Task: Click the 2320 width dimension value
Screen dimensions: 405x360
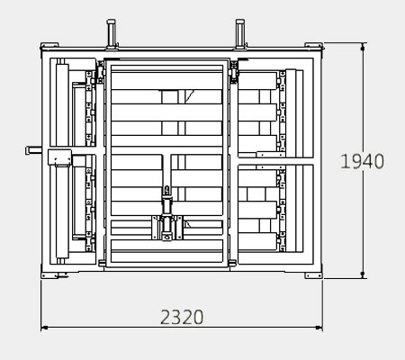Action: coord(182,317)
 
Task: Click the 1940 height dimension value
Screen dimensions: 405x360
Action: coord(362,161)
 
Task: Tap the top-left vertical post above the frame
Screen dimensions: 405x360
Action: coord(111,33)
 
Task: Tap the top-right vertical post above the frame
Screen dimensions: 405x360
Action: coord(240,33)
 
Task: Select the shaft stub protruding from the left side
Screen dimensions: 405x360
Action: coord(33,150)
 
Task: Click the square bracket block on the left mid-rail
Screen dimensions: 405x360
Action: coord(59,157)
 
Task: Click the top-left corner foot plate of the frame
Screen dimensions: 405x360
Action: coord(49,45)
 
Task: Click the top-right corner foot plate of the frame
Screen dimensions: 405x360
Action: coord(314,45)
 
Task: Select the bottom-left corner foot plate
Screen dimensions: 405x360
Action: coord(50,275)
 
